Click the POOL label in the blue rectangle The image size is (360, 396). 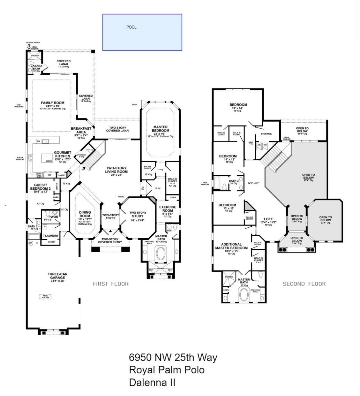[131, 27]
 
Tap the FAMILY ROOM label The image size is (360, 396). [52, 103]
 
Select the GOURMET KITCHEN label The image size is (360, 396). [63, 155]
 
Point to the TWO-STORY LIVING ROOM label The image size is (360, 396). [116, 170]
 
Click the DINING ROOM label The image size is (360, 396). [85, 214]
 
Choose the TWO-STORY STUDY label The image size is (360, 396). [138, 215]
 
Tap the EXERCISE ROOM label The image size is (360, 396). [168, 209]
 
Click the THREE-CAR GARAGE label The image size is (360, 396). [57, 276]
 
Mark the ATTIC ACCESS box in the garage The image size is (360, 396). [45, 296]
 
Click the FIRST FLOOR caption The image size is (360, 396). [111, 284]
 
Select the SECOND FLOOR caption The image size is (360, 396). [304, 284]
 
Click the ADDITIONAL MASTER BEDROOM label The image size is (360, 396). [231, 246]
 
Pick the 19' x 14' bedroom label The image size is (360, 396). [238, 105]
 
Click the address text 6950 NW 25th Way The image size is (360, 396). [173, 357]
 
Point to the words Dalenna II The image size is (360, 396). [152, 382]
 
